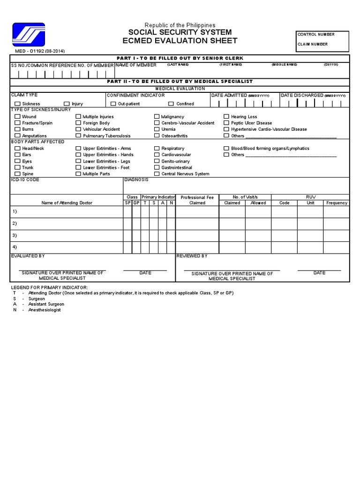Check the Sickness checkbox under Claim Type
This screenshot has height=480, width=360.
[17, 104]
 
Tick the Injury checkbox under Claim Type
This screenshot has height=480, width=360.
[67, 104]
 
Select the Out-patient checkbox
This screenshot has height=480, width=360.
[113, 104]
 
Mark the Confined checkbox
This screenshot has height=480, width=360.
[171, 104]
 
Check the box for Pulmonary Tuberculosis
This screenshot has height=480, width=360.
[78, 135]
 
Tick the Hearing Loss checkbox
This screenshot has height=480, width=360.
[226, 116]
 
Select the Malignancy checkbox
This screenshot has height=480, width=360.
[157, 116]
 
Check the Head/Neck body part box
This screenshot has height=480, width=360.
[17, 148]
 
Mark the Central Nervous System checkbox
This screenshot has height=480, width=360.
[157, 173]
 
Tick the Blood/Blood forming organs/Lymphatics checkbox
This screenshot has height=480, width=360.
[226, 148]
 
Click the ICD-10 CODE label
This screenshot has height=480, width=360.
[25, 180]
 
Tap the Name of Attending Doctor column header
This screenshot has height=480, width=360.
[67, 203]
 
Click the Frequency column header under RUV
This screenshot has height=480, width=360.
[337, 203]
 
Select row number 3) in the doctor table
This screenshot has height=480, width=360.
[15, 235]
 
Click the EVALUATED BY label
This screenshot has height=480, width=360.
[28, 256]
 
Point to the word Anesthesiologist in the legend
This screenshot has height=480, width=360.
[45, 310]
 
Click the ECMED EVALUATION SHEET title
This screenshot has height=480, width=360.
[180, 41]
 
